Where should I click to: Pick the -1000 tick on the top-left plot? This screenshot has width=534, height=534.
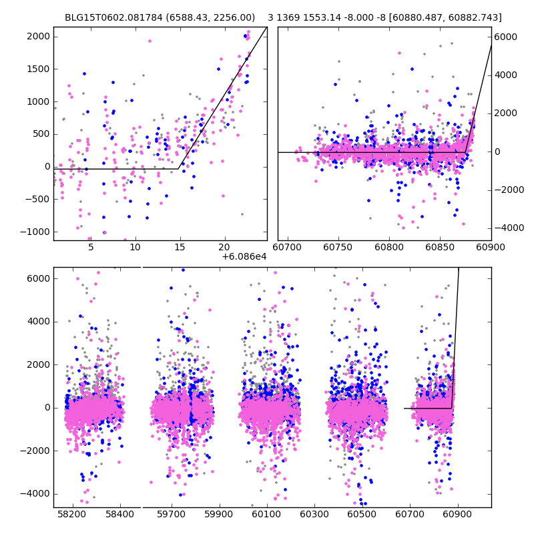36,231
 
